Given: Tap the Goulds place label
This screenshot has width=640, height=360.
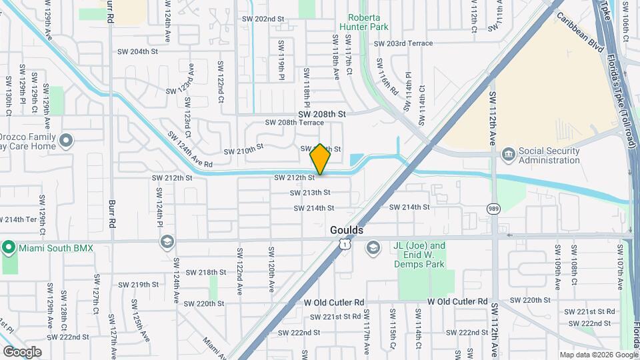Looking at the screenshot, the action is pos(347,230).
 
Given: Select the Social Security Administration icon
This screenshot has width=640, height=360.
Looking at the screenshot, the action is pos(509,155).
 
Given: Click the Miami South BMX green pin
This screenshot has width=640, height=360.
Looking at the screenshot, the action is pos(8,248).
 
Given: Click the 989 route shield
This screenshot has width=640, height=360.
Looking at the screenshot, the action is pos(493,208).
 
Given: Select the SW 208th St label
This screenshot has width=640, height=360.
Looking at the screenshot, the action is pos(323,115).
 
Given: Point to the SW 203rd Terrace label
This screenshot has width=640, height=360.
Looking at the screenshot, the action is pos(403,43).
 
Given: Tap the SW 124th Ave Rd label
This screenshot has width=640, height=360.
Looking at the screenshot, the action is pos(189,149).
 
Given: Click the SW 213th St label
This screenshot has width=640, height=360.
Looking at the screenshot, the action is pos(310,193).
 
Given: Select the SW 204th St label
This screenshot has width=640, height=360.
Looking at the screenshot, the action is pos(138,51).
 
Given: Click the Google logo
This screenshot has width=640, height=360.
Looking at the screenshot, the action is pos(22,352).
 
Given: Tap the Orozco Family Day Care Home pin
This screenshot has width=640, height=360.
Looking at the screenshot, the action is pos(65,141).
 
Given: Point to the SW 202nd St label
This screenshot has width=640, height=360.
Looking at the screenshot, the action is pos(263,19).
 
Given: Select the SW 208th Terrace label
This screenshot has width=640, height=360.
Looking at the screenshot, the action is pos(294,123).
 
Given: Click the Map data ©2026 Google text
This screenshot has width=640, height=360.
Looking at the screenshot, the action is pos(598,355).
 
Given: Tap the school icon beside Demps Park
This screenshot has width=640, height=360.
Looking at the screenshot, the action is pos(373,249).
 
